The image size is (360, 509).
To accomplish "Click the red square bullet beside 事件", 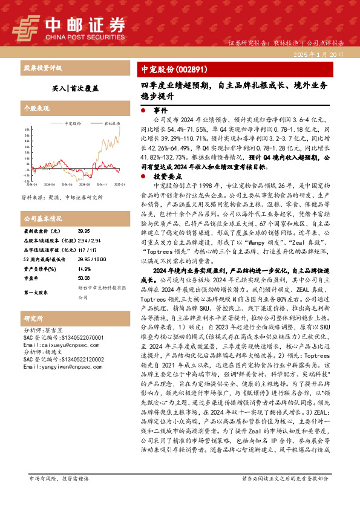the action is [143, 111].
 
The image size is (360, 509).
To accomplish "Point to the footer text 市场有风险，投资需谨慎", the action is [59, 495].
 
